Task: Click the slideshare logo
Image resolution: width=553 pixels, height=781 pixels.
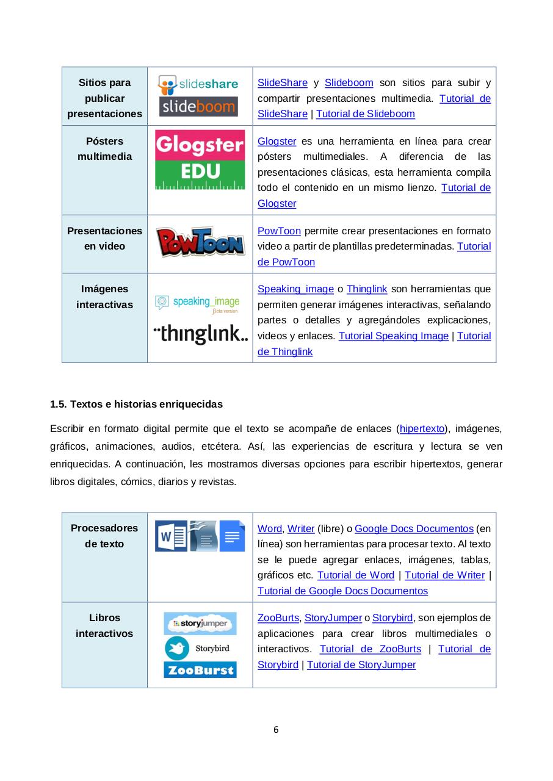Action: pyautogui.click(x=198, y=84)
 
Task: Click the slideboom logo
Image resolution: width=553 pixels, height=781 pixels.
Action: pyautogui.click(x=198, y=107)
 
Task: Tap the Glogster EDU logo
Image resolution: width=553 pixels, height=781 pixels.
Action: pyautogui.click(x=200, y=159)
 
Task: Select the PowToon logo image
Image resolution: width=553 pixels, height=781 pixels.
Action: pyautogui.click(x=200, y=242)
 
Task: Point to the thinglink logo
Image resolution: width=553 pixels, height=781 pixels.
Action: pyautogui.click(x=200, y=334)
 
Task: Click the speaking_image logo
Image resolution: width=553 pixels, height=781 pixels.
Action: pyautogui.click(x=197, y=303)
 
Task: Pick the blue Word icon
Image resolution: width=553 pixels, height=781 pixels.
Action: pyautogui.click(x=171, y=536)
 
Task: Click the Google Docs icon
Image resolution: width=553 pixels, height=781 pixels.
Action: pyautogui.click(x=232, y=536)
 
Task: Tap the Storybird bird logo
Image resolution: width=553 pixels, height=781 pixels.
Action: pyautogui.click(x=177, y=648)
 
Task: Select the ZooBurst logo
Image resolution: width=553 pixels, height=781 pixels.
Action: pyautogui.click(x=200, y=670)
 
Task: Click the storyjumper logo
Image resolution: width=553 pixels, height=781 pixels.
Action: pyautogui.click(x=200, y=624)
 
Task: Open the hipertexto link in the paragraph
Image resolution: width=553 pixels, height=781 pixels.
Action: pyautogui.click(x=422, y=429)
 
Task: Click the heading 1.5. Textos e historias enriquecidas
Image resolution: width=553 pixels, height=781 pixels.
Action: pyautogui.click(x=136, y=404)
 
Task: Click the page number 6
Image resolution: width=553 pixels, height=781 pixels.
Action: pyautogui.click(x=276, y=729)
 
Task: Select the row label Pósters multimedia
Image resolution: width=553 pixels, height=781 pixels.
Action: pyautogui.click(x=104, y=149)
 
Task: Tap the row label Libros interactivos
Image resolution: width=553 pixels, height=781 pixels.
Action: pyautogui.click(x=104, y=625)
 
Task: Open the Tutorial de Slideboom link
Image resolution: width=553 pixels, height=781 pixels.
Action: pyautogui.click(x=365, y=113)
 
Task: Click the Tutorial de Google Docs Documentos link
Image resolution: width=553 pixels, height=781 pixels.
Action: pyautogui.click(x=342, y=591)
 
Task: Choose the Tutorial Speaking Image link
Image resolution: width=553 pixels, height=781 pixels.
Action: pyautogui.click(x=393, y=336)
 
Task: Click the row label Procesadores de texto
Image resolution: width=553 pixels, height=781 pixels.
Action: pyautogui.click(x=104, y=536)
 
